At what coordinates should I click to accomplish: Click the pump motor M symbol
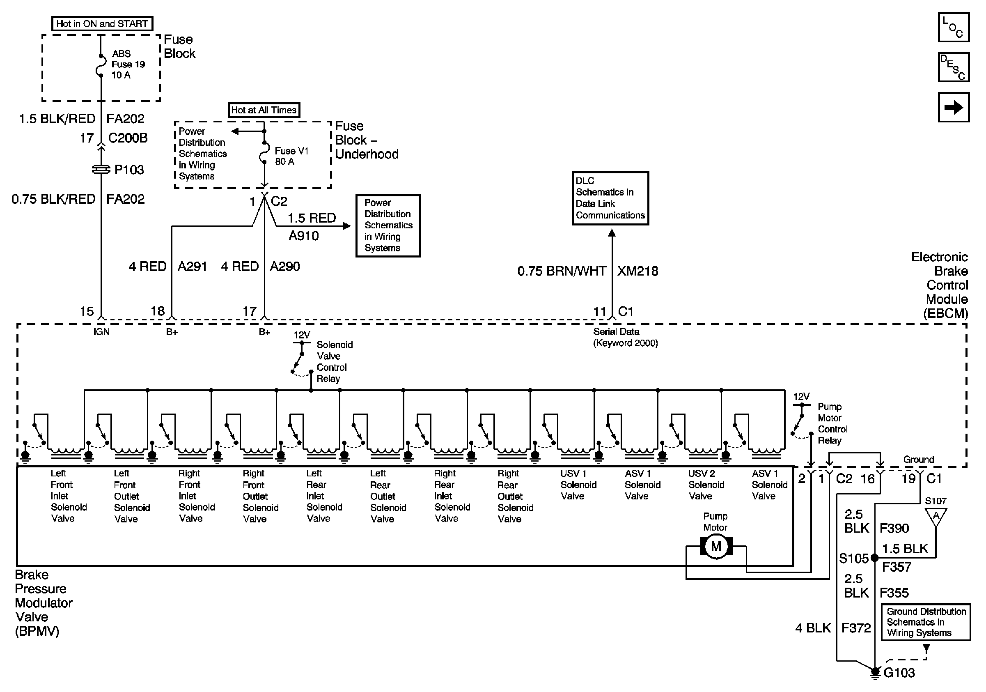point(716,546)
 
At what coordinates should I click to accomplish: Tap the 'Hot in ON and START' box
point(102,24)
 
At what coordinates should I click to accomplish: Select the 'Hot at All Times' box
point(264,110)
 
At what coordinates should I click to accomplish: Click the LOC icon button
point(953,27)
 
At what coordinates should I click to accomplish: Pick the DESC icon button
point(953,67)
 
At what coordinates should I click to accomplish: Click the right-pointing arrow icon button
point(953,107)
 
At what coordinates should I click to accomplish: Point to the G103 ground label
point(899,673)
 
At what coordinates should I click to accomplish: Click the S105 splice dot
point(874,558)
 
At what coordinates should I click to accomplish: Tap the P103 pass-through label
point(129,170)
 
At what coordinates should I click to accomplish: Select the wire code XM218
point(638,271)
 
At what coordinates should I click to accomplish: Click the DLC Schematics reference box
point(610,198)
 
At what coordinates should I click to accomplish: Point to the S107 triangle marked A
point(936,516)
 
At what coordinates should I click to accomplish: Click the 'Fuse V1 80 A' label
point(291,156)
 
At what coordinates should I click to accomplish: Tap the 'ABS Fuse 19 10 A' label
point(128,64)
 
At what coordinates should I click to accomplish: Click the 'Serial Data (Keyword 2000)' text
point(625,337)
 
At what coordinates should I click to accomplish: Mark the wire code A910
point(304,236)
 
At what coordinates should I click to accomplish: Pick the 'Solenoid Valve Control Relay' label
point(334,362)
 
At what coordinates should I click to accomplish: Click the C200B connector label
point(128,138)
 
